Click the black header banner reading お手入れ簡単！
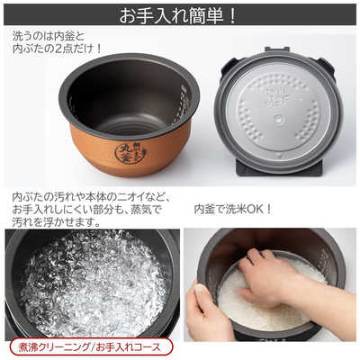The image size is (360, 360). pyautogui.click(x=180, y=14)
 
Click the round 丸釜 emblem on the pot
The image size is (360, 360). pyautogui.click(x=130, y=154)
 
